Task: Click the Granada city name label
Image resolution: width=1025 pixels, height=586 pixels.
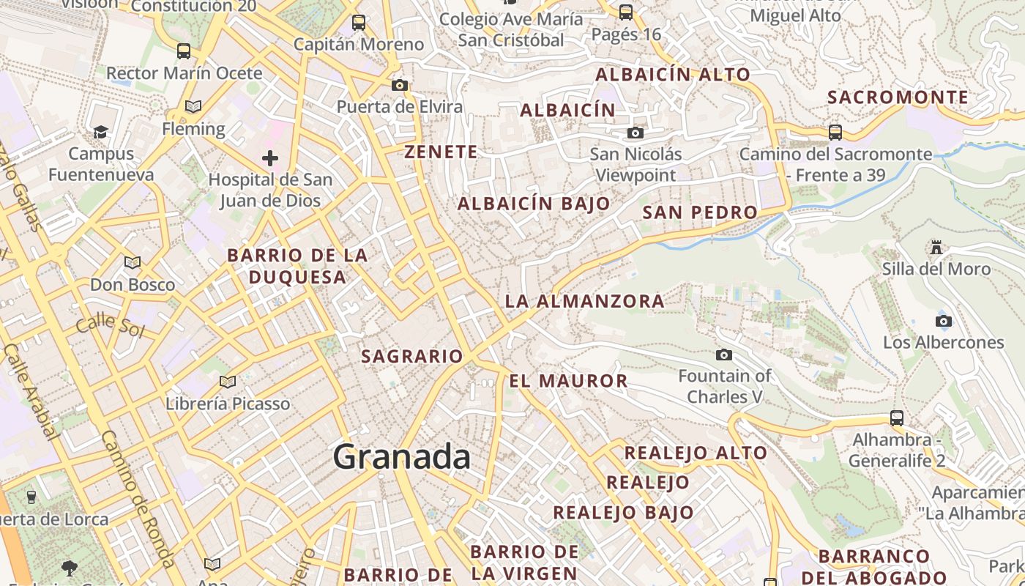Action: [402, 457]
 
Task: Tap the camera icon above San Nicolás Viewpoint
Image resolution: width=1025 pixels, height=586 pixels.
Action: [635, 133]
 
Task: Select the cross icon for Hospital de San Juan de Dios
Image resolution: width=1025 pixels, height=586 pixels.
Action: [270, 157]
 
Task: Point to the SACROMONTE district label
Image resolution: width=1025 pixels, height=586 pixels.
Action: [898, 97]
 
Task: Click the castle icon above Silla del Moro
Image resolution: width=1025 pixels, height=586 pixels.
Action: [936, 248]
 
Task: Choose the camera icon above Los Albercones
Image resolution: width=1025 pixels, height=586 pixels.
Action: [944, 321]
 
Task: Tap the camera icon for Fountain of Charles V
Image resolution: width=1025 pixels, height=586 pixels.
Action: [724, 355]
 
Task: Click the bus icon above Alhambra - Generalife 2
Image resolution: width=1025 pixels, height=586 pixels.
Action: [897, 418]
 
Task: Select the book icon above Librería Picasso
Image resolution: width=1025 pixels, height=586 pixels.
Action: [228, 382]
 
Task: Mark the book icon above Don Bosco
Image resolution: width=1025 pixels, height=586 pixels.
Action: [133, 262]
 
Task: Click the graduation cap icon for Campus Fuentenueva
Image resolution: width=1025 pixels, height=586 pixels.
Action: [100, 132]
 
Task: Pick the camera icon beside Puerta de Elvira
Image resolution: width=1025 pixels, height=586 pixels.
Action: [400, 85]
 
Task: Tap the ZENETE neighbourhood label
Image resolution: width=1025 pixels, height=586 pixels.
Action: [441, 152]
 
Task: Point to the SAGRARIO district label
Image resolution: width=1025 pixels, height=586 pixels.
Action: [412, 357]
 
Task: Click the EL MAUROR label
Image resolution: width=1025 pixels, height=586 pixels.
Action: [568, 381]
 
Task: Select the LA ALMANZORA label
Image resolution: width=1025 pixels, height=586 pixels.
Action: [584, 301]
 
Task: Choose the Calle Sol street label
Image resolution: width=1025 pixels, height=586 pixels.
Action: [110, 324]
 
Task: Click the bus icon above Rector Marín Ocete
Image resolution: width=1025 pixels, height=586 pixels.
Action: [184, 51]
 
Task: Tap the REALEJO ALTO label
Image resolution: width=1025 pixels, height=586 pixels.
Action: [695, 453]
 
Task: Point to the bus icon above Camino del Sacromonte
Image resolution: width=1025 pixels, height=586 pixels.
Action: [835, 133]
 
